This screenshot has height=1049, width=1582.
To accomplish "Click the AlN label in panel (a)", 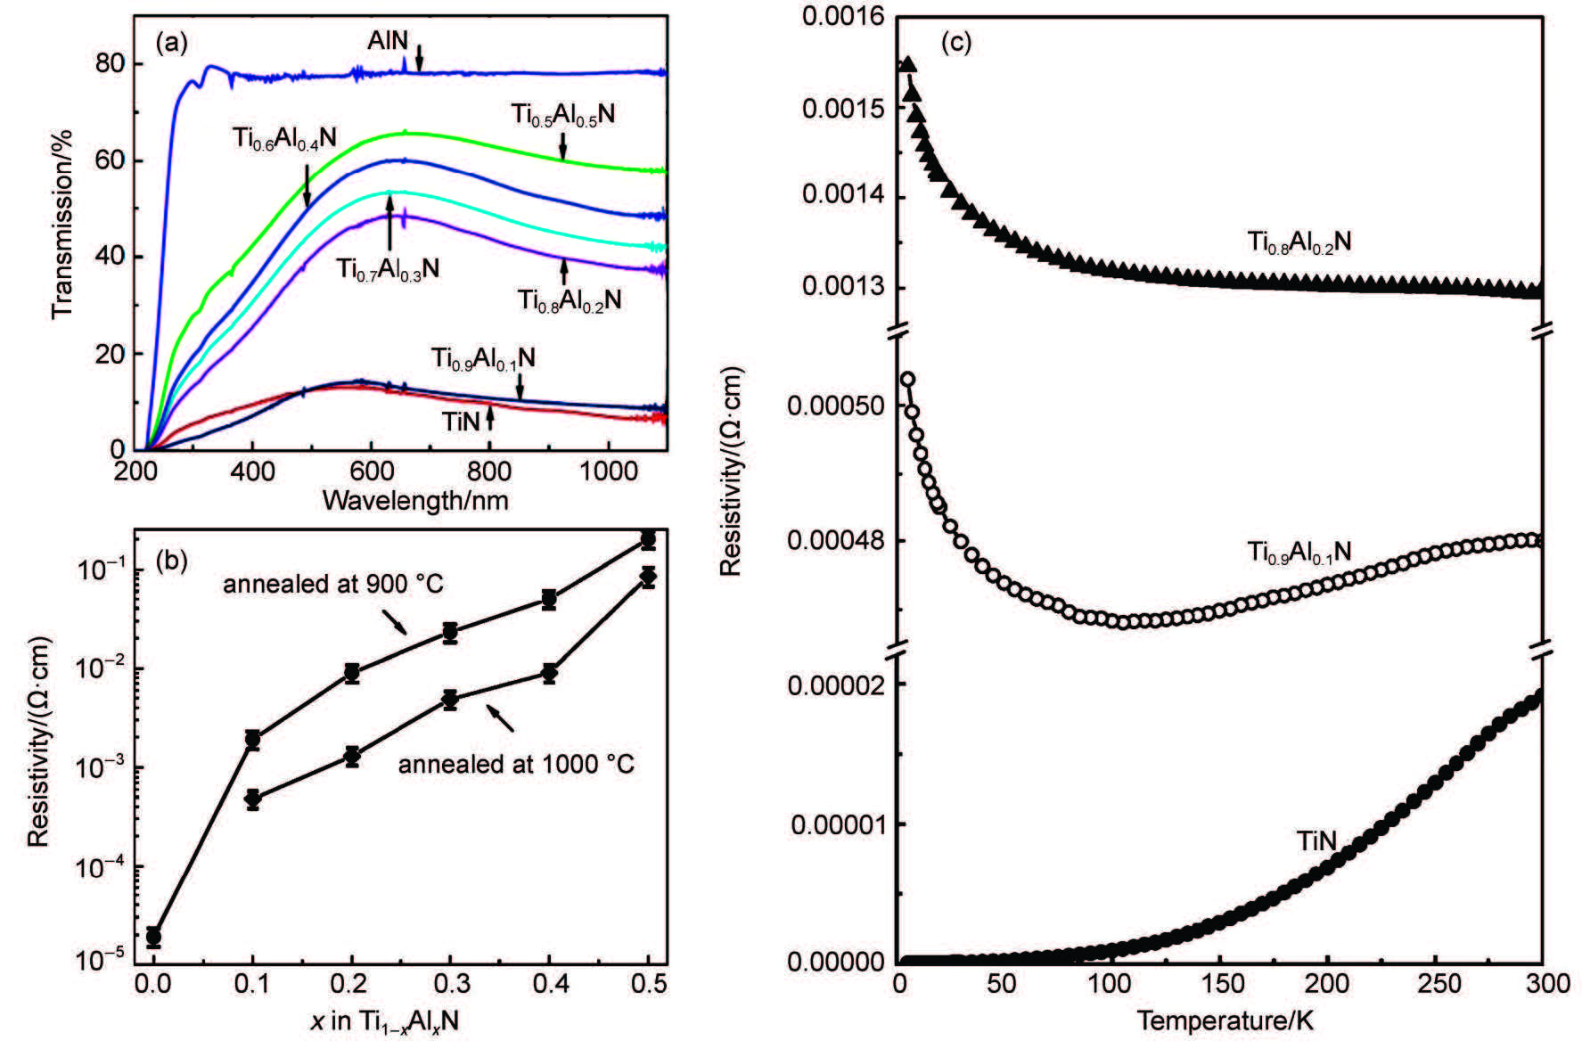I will point(388,41).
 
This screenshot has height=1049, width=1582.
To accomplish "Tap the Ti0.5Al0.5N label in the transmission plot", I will point(562,115).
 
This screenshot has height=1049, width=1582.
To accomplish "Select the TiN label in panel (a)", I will point(461,421).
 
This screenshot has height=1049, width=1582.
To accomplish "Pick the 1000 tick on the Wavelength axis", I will point(609,471).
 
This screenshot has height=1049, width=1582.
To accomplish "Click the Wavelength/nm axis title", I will point(415,501).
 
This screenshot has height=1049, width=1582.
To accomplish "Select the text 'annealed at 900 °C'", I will point(332,585).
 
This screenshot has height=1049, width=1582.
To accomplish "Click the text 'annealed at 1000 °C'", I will point(516,765).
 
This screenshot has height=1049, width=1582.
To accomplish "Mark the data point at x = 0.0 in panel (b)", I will point(153,937).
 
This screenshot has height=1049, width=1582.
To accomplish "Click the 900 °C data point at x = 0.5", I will point(648,540).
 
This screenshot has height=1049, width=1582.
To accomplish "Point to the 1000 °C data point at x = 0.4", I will point(549,674).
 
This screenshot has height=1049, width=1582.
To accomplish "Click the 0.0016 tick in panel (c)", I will point(842,17).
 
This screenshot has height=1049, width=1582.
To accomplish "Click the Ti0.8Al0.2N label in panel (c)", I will point(1299,242).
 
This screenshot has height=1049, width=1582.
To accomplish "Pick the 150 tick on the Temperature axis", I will point(1223,984).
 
